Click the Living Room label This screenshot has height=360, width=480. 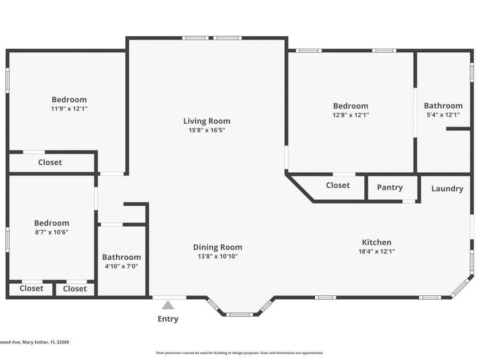(x=207, y=121)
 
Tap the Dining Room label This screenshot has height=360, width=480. (x=218, y=247)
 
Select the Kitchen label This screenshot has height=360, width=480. (x=377, y=242)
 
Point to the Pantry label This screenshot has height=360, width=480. (x=389, y=187)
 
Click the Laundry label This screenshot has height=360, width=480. (x=447, y=188)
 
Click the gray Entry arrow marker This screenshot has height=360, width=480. (x=168, y=306)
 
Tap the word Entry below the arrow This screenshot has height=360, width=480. (x=168, y=319)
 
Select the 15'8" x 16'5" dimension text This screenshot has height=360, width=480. (x=207, y=130)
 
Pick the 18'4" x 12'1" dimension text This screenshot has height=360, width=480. (x=377, y=251)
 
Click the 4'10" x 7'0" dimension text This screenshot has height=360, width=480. (x=122, y=266)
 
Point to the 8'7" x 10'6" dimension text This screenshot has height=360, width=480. (x=52, y=232)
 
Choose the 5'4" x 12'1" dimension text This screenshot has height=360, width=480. (x=443, y=115)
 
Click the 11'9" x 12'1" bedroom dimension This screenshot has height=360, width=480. (x=69, y=108)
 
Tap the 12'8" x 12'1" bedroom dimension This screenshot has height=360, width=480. (x=350, y=115)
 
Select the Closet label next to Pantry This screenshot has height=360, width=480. (x=338, y=185)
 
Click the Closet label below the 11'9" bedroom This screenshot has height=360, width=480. (x=50, y=162)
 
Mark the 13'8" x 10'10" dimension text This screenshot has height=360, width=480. (x=218, y=256)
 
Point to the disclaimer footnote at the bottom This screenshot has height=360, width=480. (x=239, y=353)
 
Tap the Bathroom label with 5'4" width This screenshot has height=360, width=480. (x=443, y=106)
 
